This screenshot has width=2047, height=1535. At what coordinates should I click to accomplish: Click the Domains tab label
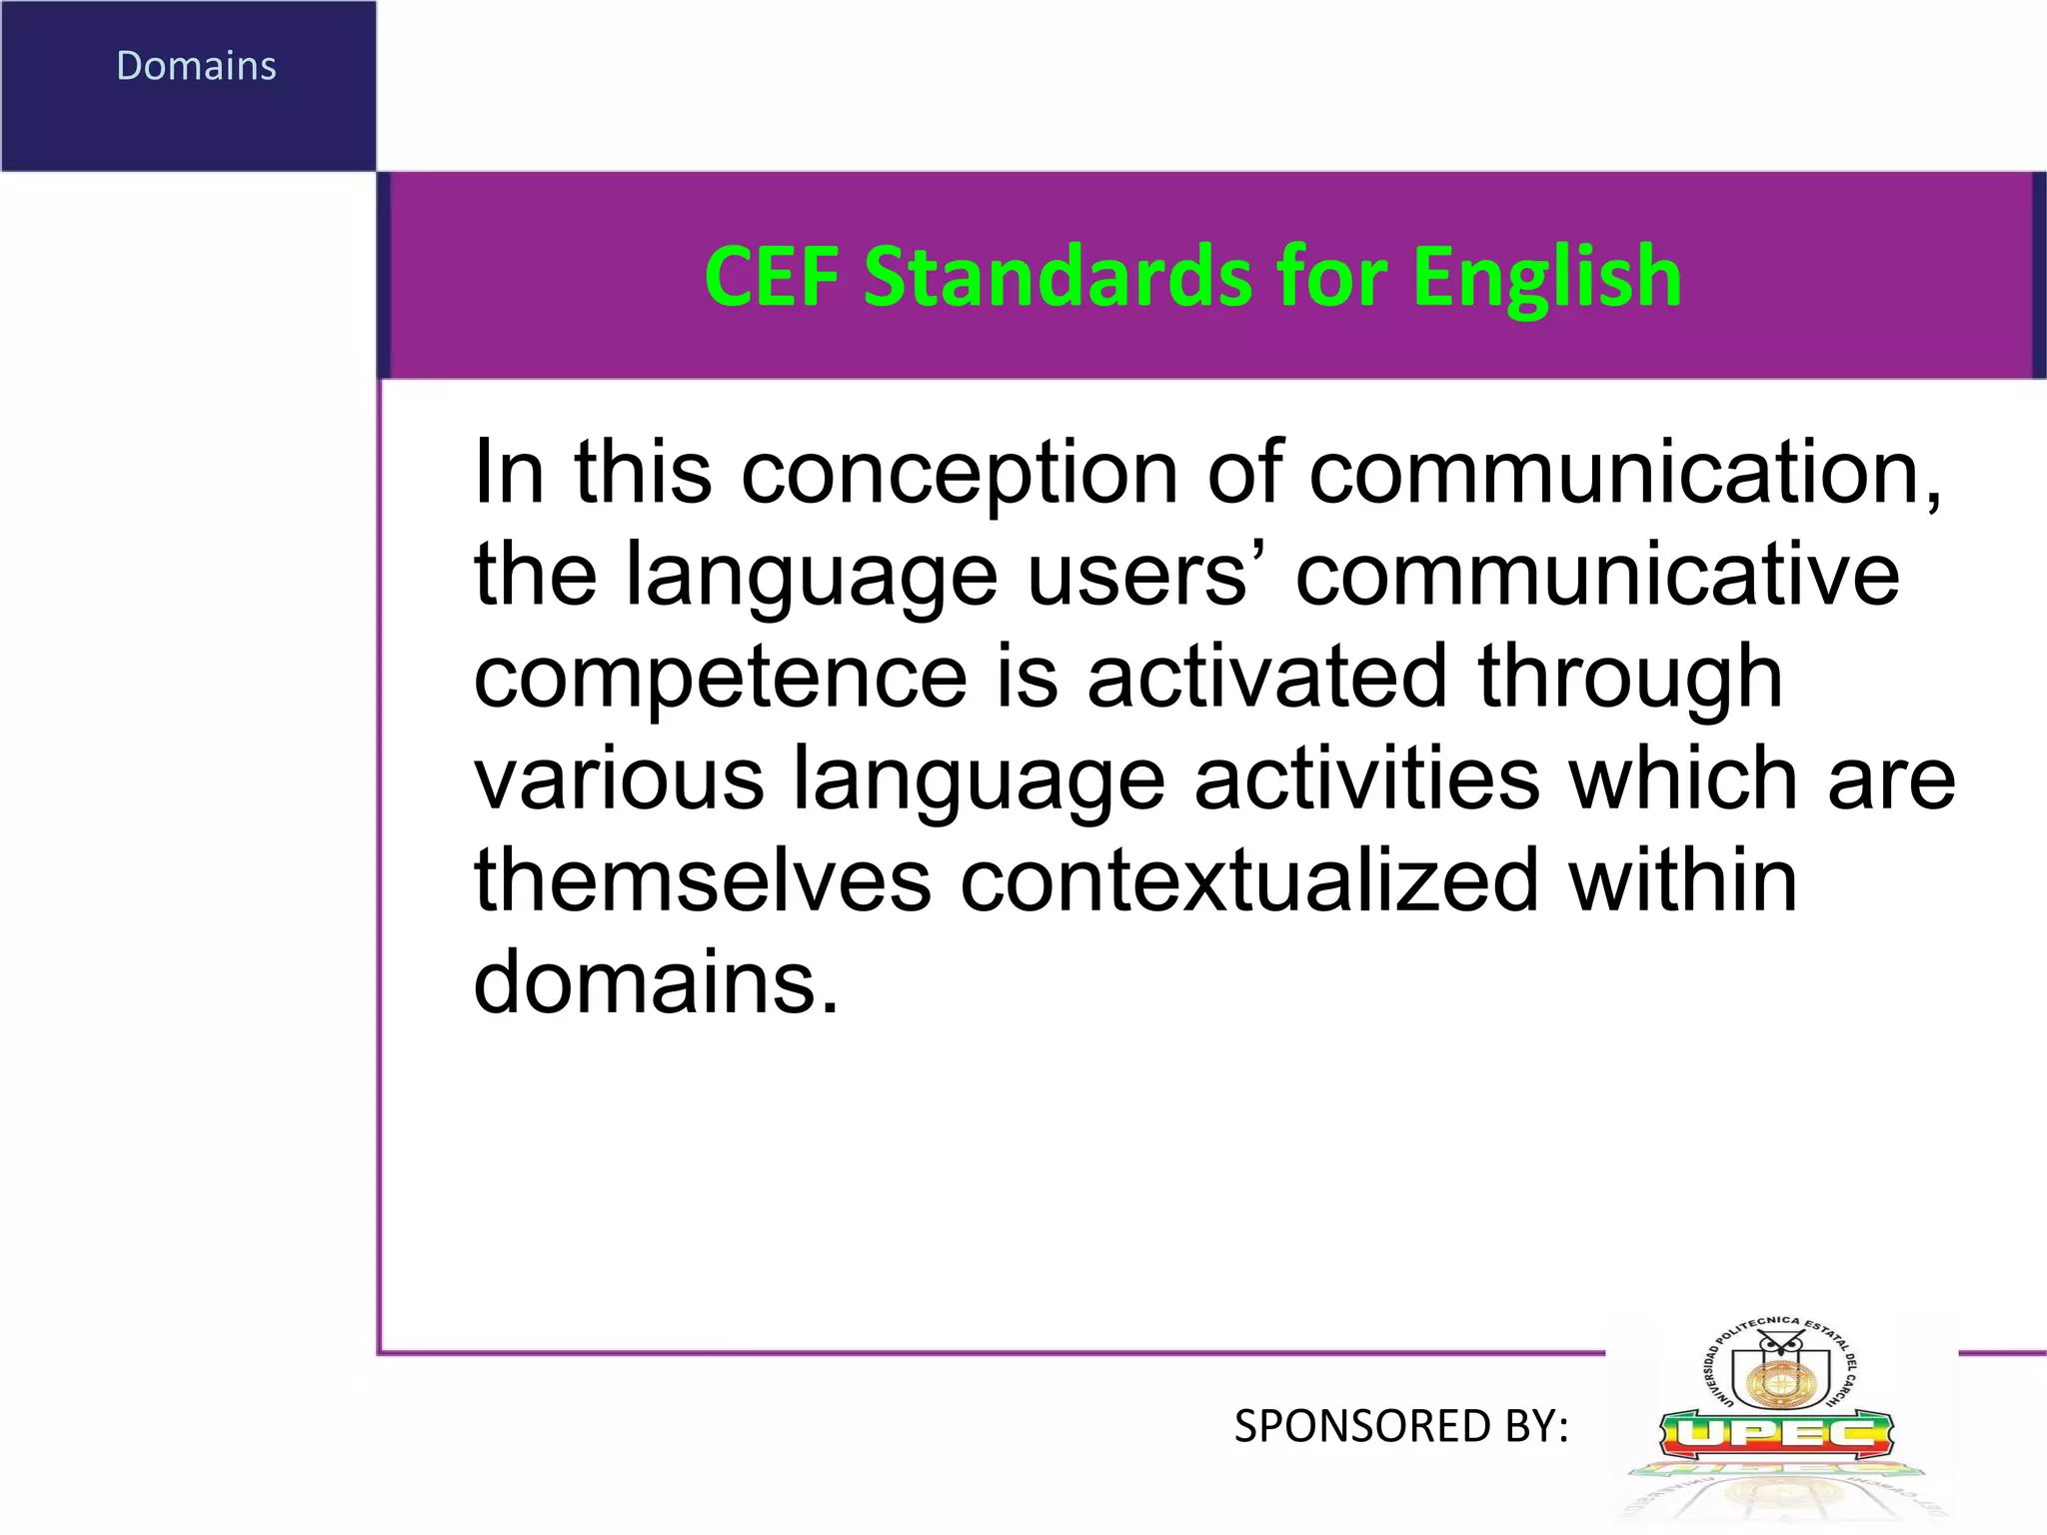(x=196, y=66)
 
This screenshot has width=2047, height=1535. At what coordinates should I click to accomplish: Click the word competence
(x=721, y=678)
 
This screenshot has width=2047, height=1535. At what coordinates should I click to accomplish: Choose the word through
(x=1630, y=678)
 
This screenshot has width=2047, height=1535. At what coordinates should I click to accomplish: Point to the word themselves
(x=703, y=881)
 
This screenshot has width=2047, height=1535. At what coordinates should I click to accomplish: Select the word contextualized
(x=1249, y=881)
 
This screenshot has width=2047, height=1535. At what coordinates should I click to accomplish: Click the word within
(x=1683, y=881)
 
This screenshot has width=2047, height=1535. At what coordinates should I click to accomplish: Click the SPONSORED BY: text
(x=1401, y=1426)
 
